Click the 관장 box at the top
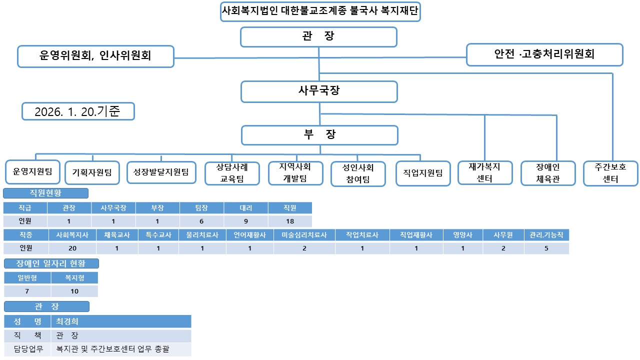pos(318,36)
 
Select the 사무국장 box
pos(319,91)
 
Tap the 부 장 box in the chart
pos(319,135)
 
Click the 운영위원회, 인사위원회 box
pos(95,56)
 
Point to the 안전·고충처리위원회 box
pos(544,54)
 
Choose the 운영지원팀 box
pos(32,172)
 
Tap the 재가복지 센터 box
pos(484,172)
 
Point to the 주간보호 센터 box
pos(610,173)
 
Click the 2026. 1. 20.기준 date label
pos(77,111)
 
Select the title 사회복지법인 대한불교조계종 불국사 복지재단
pos(320,11)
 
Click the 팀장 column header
pos(202,207)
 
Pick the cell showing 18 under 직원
pos(290,221)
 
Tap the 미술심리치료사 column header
pos(304,235)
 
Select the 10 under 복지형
pos(74,291)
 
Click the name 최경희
pos(67,321)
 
